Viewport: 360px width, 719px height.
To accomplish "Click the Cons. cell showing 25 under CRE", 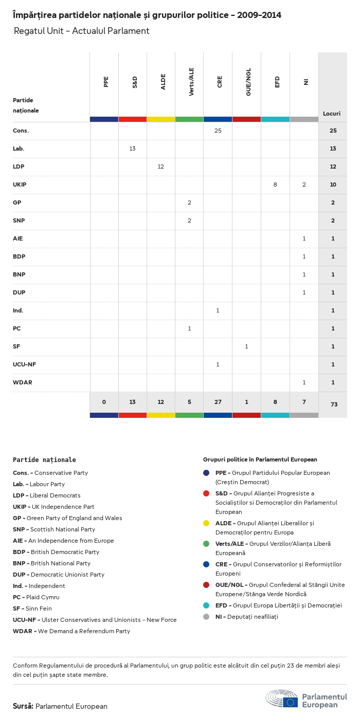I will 218,131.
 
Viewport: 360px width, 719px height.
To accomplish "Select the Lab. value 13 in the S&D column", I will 132,149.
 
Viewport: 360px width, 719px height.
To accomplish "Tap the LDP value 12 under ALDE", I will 160,167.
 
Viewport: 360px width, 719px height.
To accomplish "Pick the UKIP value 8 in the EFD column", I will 275,185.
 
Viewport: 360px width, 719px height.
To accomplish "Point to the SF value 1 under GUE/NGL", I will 246,346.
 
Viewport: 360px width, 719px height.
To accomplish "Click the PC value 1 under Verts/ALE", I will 189,328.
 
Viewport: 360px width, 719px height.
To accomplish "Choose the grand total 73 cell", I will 334,404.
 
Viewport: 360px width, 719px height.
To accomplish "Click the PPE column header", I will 106,82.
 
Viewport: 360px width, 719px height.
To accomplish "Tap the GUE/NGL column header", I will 248,85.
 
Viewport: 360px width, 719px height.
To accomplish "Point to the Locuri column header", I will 332,114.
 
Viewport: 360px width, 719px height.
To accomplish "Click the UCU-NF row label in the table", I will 24,364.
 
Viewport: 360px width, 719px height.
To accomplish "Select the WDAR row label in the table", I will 23,382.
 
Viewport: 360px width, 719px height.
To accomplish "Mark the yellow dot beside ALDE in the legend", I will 206,523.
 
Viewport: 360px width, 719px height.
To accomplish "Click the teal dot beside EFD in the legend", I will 206,605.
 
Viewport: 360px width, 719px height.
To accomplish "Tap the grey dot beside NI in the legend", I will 206,617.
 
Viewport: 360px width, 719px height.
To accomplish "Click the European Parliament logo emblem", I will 282,699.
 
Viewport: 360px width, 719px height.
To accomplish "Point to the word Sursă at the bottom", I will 23,706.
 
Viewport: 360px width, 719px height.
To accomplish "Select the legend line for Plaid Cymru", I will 36,597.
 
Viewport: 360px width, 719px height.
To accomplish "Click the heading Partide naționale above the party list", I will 44,460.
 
